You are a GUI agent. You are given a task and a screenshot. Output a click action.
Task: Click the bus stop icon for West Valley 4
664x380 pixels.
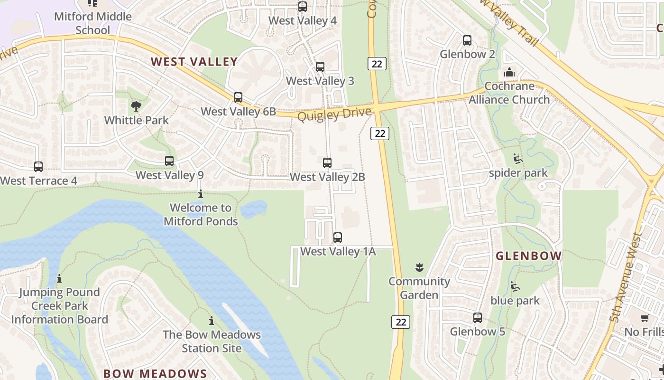click(302, 7)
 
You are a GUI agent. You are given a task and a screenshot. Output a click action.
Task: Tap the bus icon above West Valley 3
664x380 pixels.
click(320, 67)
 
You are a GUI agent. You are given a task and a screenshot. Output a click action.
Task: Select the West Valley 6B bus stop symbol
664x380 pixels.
click(238, 97)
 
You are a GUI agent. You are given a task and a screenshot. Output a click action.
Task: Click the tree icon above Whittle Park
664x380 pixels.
click(136, 106)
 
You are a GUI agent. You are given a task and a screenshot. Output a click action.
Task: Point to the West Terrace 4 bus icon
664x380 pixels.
click(38, 167)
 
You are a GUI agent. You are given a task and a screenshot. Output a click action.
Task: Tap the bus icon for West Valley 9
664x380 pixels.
click(169, 161)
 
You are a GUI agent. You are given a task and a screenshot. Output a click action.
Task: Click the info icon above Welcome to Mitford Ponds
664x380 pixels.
click(201, 194)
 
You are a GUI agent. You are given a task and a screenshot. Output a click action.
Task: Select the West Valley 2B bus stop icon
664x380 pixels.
click(327, 163)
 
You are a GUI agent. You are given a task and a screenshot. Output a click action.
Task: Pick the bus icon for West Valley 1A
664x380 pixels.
click(338, 237)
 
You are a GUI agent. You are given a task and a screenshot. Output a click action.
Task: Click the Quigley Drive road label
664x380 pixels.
click(334, 114)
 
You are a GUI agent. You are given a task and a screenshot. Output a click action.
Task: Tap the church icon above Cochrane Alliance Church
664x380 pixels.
click(509, 73)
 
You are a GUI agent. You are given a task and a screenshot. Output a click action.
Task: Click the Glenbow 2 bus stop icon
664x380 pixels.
click(467, 40)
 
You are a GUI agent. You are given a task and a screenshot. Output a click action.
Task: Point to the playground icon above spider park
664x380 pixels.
click(518, 159)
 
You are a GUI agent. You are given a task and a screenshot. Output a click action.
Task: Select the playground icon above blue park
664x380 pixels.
click(515, 287)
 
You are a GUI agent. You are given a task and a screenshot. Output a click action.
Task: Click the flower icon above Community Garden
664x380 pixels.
click(419, 267)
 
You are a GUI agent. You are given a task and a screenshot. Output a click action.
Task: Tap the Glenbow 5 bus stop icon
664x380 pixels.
click(478, 318)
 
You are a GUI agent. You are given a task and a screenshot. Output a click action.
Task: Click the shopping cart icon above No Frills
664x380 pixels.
click(644, 318)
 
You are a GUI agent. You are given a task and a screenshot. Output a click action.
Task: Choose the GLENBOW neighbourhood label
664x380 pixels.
click(528, 256)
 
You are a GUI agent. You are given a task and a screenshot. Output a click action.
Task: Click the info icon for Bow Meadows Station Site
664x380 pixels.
click(212, 321)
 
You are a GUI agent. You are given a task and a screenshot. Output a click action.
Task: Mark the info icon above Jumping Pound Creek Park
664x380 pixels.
click(59, 278)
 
